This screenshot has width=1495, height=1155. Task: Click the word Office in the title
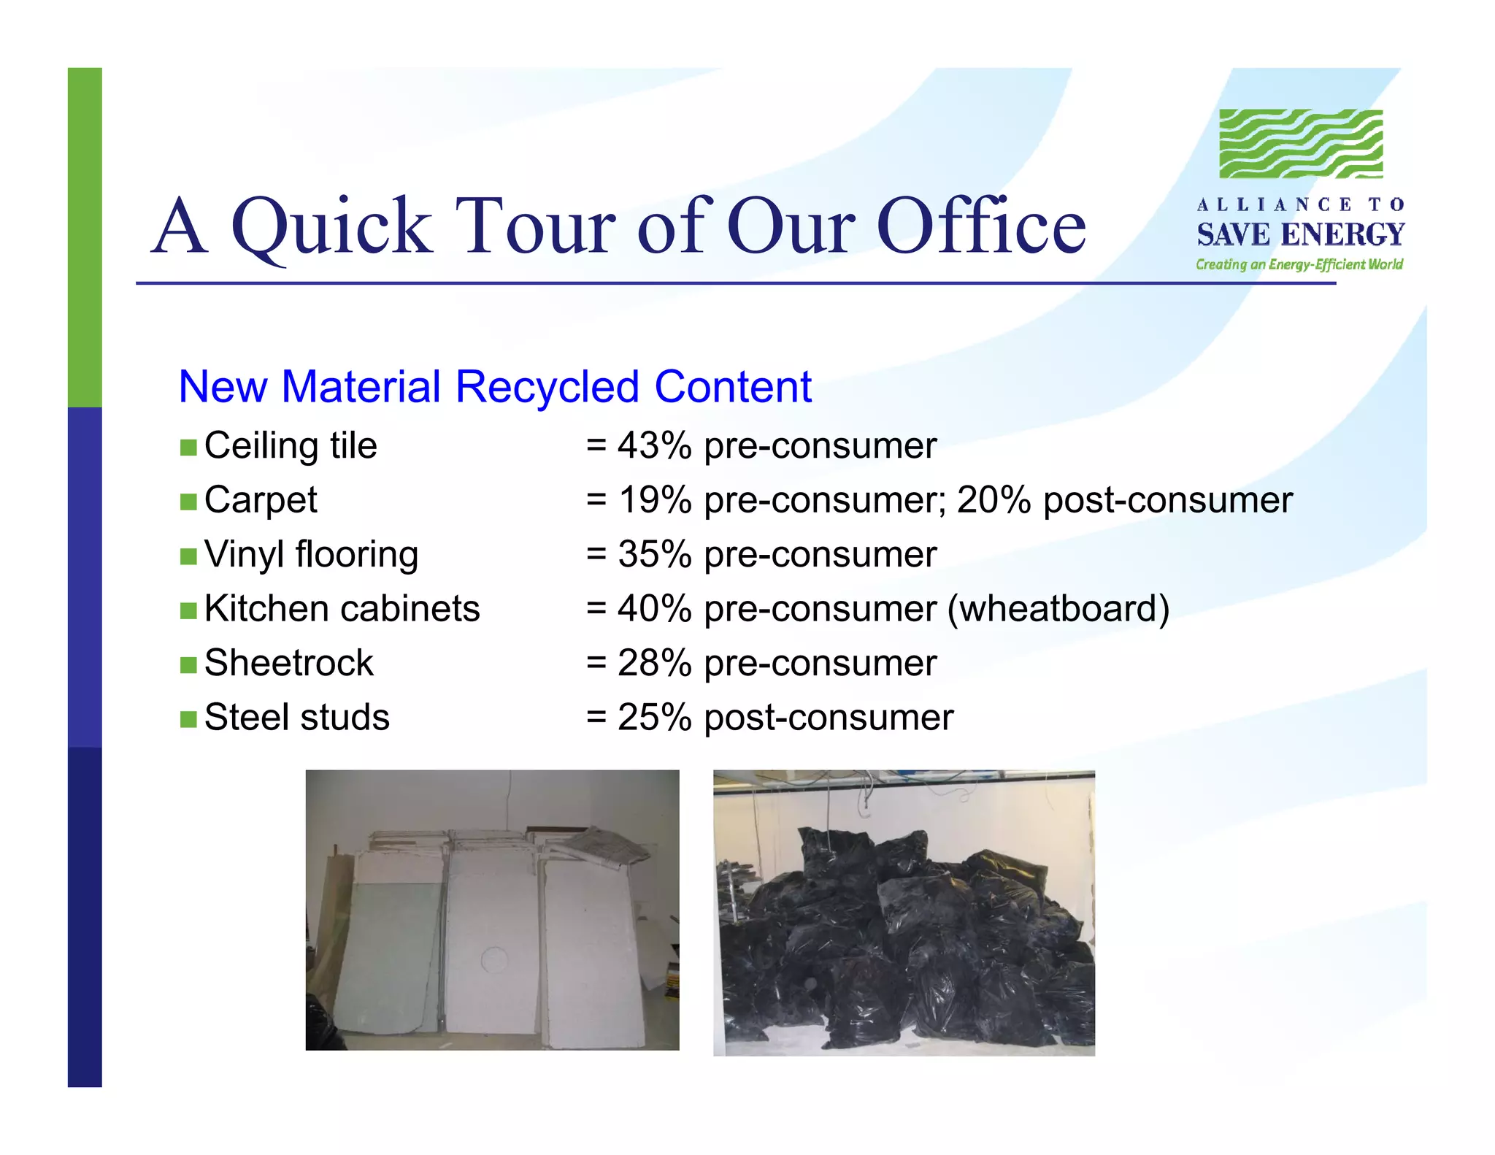(981, 226)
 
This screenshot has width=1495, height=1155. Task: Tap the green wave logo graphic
(1301, 144)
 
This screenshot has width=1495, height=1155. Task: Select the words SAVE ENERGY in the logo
(1300, 234)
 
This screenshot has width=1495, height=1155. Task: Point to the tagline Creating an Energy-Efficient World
(1299, 264)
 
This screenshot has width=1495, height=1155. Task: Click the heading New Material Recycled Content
(495, 386)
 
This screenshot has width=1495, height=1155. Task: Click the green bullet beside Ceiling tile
(188, 448)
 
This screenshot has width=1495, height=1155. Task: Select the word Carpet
(261, 501)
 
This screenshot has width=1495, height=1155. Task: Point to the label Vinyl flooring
(311, 555)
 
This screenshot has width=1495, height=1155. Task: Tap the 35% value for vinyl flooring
(654, 554)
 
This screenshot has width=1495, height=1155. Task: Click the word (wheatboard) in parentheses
(1058, 608)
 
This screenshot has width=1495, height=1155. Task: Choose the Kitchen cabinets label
(342, 608)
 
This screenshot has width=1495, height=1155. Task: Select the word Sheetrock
(289, 663)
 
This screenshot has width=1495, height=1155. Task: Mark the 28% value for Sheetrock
(654, 663)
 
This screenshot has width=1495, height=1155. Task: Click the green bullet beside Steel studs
(188, 719)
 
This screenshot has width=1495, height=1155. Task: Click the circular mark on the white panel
(494, 958)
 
